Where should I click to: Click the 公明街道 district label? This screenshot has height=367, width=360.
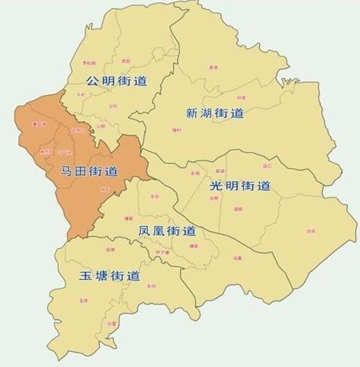(116, 81)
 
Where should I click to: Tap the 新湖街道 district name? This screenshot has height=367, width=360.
(215, 113)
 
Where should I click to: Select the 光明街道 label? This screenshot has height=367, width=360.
(240, 186)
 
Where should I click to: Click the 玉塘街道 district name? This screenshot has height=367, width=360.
(109, 276)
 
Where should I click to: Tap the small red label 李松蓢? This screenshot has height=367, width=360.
(89, 63)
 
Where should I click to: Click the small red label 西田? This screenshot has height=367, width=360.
(126, 60)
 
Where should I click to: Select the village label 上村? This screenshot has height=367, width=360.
(112, 106)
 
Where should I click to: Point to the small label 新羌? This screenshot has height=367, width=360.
(214, 68)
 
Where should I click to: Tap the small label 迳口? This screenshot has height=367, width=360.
(268, 166)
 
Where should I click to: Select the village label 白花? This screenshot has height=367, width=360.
(311, 231)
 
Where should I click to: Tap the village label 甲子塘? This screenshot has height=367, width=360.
(162, 253)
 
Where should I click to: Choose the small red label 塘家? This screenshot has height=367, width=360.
(193, 246)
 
